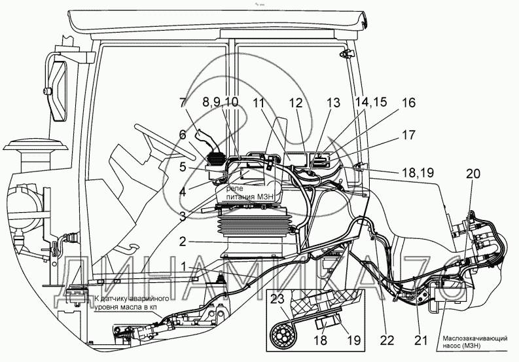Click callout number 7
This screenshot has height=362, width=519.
point(183,102)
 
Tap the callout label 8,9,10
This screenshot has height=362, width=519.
point(221,102)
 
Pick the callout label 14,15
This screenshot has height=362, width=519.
point(372,102)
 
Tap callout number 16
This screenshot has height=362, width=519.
point(408,103)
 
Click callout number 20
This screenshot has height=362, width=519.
point(473,174)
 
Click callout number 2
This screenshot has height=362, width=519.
point(183,241)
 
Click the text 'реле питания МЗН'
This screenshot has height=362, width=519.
point(248,192)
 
